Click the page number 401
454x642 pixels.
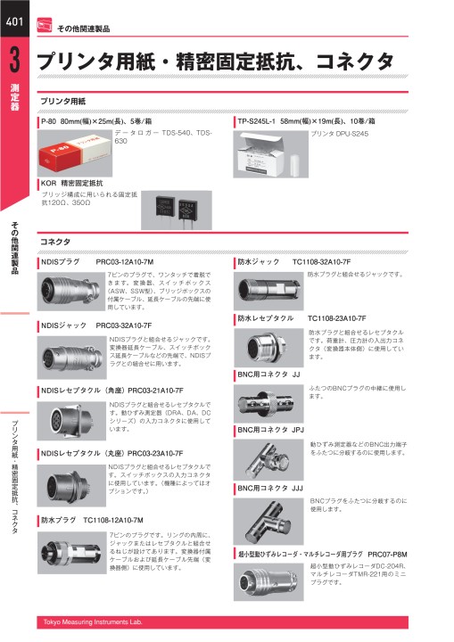point(15,22)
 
